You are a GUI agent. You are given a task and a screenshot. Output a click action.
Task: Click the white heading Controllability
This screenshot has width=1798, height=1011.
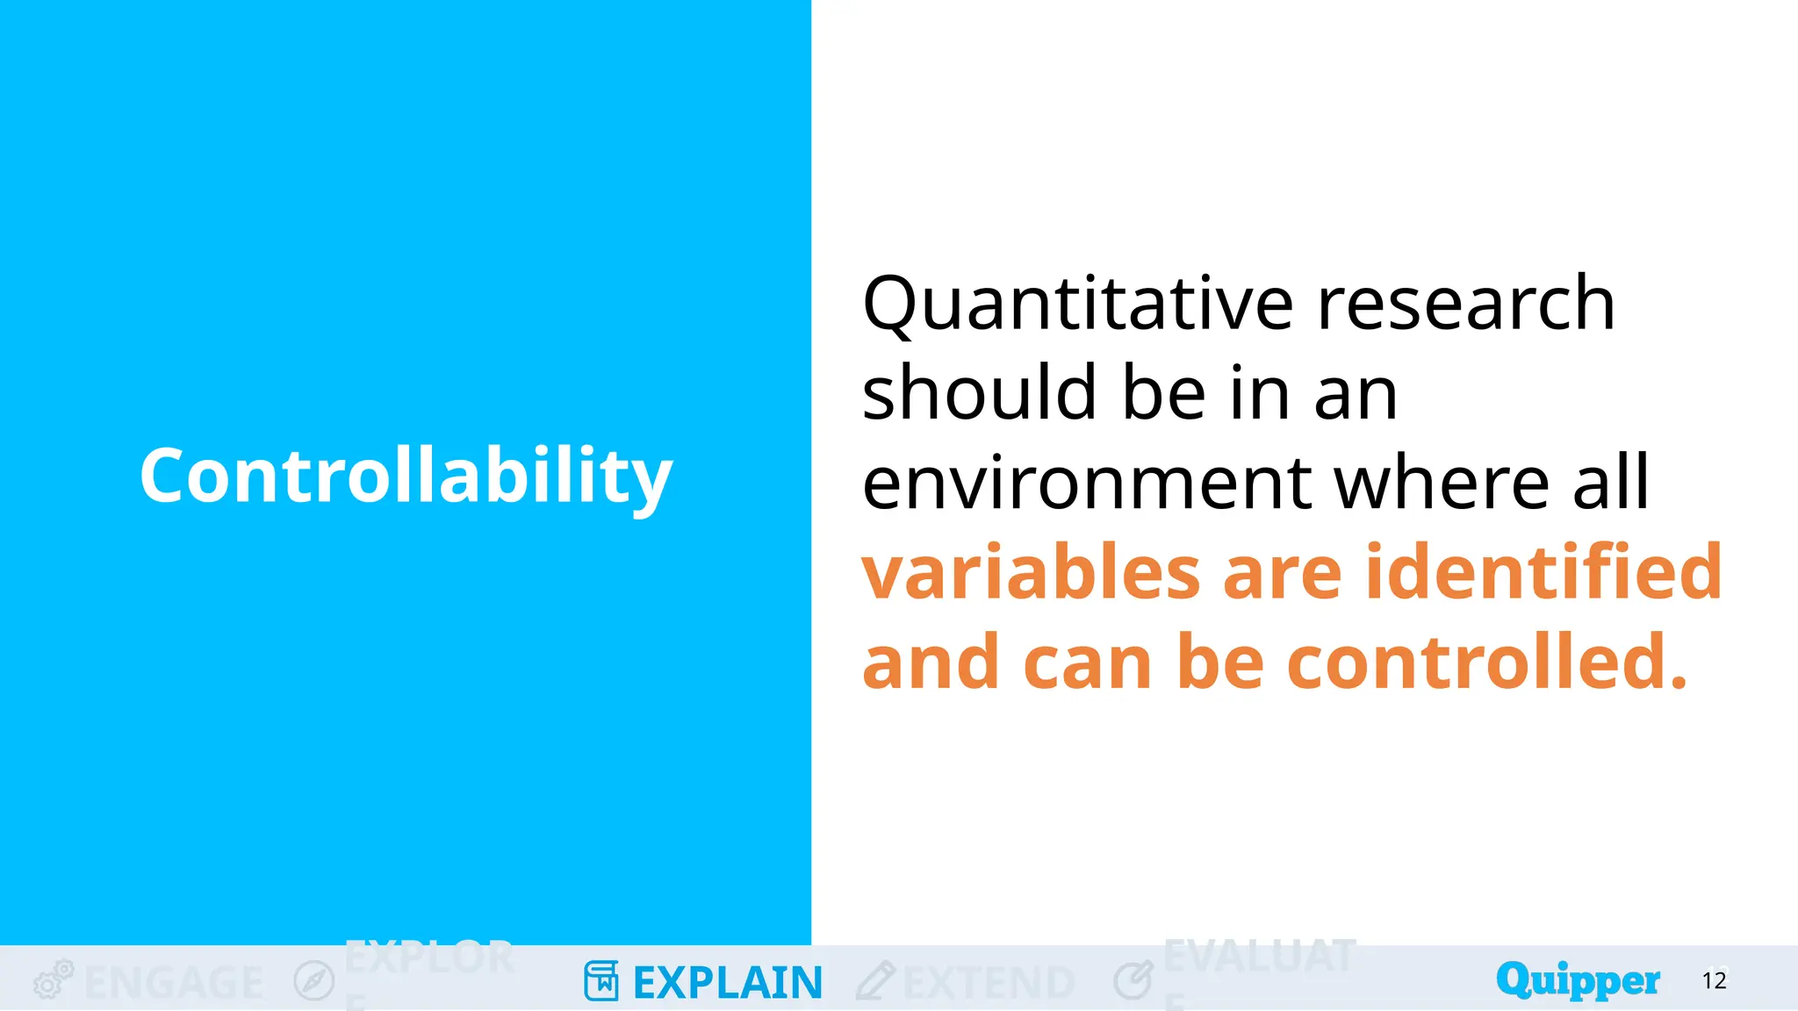click(406, 476)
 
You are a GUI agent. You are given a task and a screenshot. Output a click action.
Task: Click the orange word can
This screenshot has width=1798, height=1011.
click(1087, 664)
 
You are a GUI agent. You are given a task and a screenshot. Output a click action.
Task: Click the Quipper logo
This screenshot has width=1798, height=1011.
click(1578, 979)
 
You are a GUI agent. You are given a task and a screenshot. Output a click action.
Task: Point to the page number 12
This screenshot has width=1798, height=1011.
click(1714, 980)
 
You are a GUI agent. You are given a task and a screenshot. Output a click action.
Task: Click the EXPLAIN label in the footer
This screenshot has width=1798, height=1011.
click(727, 983)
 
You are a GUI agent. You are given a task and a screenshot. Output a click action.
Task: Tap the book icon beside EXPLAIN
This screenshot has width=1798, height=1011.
click(601, 981)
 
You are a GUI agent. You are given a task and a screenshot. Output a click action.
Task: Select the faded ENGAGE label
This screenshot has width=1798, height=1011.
click(174, 983)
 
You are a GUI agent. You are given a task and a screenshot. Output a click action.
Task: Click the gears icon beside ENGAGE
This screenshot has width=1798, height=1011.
click(53, 979)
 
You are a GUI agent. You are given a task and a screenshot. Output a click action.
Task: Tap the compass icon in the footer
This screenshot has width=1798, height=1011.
click(314, 980)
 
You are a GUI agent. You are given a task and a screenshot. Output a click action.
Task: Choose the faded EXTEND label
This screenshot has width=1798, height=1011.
click(989, 983)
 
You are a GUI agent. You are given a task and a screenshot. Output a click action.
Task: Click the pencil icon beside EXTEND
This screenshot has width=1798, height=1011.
click(874, 981)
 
